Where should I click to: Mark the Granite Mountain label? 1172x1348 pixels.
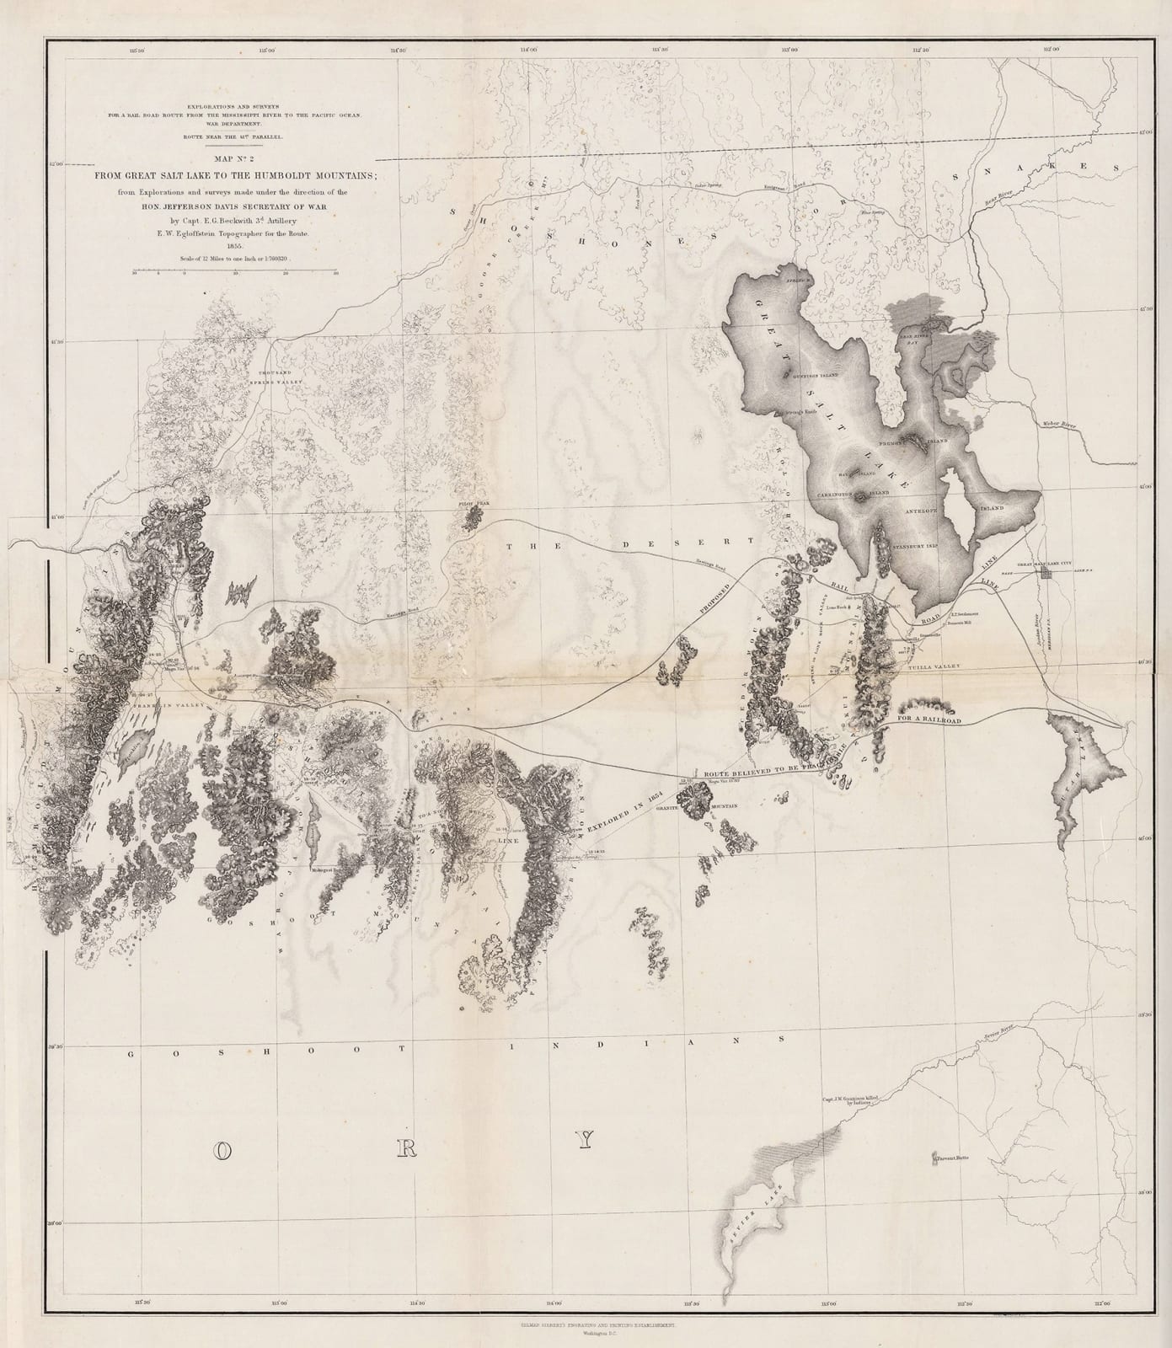pos(716,806)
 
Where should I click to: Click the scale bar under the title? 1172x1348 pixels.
pos(234,271)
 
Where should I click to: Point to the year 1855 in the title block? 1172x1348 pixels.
pos(233,246)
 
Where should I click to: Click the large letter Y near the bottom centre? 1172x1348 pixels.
pos(586,1141)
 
